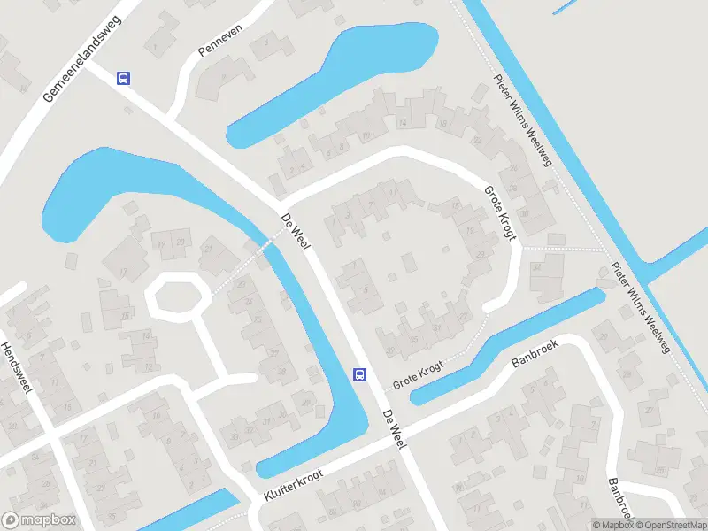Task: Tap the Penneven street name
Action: (219, 42)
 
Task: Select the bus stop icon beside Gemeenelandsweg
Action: (124, 78)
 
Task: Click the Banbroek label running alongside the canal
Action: (537, 351)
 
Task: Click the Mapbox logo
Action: (39, 520)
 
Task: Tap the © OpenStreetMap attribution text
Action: (668, 525)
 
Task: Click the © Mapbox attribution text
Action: (612, 525)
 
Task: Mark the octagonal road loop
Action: (177, 296)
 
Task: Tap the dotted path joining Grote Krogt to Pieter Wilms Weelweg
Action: (563, 249)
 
